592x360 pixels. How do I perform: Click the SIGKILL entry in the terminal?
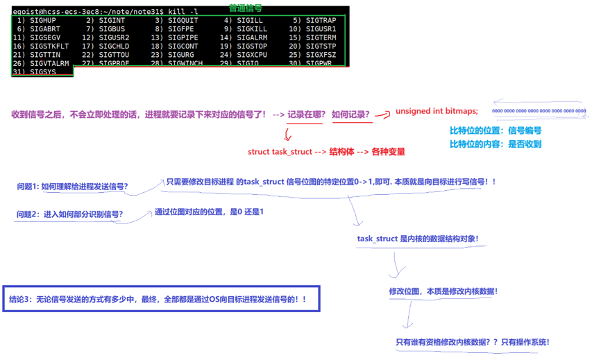pyautogui.click(x=251, y=29)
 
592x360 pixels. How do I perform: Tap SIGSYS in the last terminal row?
pyautogui.click(x=43, y=71)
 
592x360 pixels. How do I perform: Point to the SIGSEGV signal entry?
pyautogui.click(x=45, y=37)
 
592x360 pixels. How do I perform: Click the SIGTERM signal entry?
pyautogui.click(x=321, y=37)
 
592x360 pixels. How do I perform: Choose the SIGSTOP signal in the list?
pyautogui.click(x=251, y=46)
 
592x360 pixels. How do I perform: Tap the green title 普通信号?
pyautogui.click(x=246, y=6)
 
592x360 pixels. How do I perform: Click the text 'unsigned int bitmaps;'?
pyautogui.click(x=437, y=111)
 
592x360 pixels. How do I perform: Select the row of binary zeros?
pyautogui.click(x=539, y=111)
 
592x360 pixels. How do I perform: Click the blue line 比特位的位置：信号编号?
pyautogui.click(x=495, y=130)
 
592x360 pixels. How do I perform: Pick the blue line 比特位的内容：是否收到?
pyautogui.click(x=495, y=144)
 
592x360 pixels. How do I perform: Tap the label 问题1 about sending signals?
pyautogui.click(x=72, y=187)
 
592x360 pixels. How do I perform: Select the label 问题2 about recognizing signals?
pyautogui.click(x=69, y=214)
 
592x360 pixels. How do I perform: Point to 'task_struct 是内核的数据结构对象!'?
pyautogui.click(x=417, y=239)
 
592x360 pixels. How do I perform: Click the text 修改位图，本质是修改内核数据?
pyautogui.click(x=443, y=291)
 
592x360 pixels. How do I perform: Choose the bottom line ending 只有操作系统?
pyautogui.click(x=472, y=341)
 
